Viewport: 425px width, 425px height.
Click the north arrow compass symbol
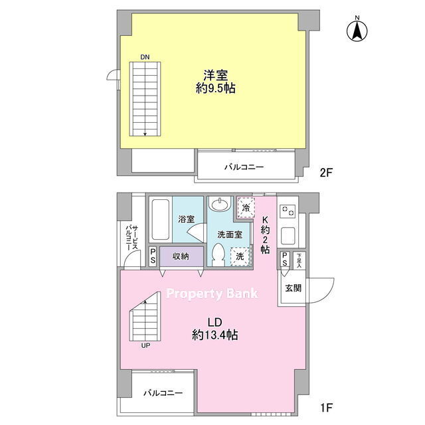[x=357, y=29]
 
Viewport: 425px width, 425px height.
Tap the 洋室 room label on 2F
[x=216, y=75]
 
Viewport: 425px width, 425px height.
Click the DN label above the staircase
[x=145, y=57]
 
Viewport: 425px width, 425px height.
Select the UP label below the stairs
[x=145, y=345]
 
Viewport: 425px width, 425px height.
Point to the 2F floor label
[x=325, y=173]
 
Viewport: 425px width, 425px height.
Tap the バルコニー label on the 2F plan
[x=244, y=167]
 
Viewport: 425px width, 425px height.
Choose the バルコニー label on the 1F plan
[x=163, y=392]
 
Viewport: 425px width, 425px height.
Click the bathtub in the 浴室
[x=161, y=220]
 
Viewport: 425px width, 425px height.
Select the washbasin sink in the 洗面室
[x=220, y=205]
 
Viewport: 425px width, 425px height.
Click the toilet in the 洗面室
[x=218, y=254]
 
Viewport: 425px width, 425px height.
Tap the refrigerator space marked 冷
[x=246, y=208]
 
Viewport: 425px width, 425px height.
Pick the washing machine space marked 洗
[x=240, y=256]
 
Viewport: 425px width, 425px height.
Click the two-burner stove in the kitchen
[x=288, y=211]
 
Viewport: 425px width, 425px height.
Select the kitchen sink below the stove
[x=288, y=236]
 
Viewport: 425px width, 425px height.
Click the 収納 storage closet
[x=181, y=256]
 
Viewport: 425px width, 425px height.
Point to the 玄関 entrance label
[x=294, y=288]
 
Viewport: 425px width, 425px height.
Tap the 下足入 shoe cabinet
[x=299, y=260]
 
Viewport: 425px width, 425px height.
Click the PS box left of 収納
[x=153, y=256]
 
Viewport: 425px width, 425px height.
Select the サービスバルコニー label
[x=132, y=238]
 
